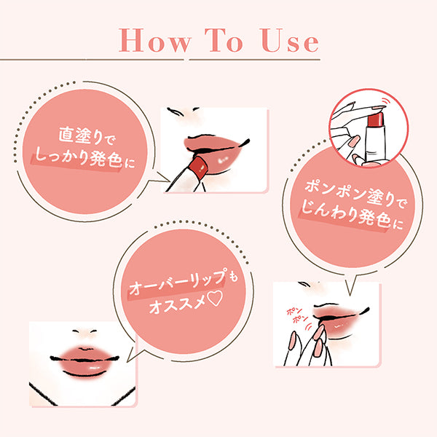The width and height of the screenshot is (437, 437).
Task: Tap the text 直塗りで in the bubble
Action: coord(88,135)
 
